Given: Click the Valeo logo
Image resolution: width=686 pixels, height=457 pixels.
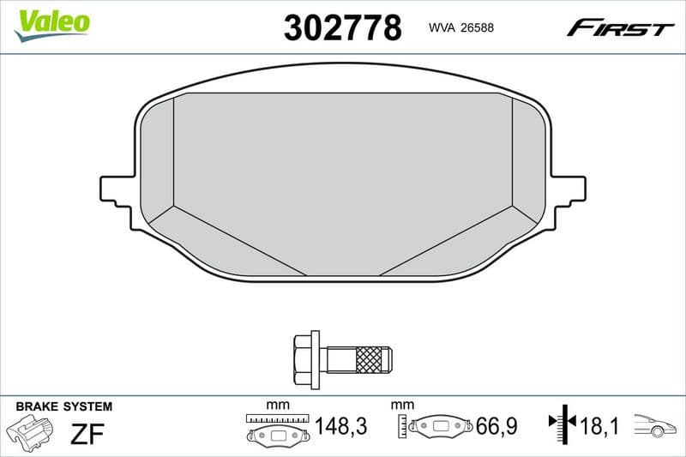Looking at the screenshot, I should click(52, 22).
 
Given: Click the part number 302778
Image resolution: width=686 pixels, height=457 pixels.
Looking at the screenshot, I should click(342, 28).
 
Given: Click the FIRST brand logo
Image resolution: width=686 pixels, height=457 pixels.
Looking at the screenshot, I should click(620, 28).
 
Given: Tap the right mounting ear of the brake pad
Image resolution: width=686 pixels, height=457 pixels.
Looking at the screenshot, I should click(569, 189).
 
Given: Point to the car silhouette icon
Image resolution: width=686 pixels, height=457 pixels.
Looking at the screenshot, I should click(655, 425).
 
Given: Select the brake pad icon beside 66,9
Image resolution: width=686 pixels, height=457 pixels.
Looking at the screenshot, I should click(441, 426).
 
